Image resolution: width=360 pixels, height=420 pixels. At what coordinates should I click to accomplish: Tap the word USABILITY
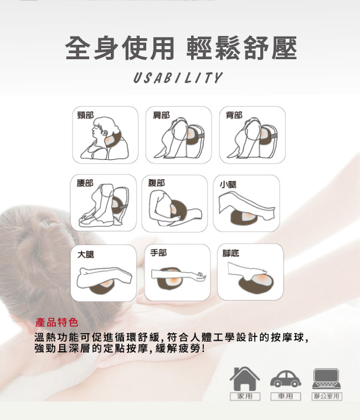point(178,78)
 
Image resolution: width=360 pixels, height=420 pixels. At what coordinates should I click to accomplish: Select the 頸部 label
point(85,115)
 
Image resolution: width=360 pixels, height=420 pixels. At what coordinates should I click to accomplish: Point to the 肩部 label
point(161,115)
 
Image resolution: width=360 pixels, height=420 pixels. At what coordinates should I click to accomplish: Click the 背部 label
point(234,115)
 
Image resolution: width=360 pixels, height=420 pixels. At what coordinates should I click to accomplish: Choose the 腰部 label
point(85,183)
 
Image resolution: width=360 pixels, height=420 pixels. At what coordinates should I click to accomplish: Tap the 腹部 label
point(157,183)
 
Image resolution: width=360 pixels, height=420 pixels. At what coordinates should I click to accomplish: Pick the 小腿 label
point(228,184)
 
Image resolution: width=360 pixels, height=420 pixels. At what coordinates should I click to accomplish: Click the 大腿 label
point(86,254)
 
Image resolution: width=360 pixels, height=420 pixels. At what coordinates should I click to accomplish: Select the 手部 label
point(158,252)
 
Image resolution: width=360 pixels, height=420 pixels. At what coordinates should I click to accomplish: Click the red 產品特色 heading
point(56,322)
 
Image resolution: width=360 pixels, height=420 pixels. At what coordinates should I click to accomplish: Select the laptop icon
point(327,378)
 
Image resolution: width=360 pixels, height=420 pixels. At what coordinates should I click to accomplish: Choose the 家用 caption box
point(244,397)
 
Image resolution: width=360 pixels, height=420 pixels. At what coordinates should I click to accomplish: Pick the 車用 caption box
point(285,397)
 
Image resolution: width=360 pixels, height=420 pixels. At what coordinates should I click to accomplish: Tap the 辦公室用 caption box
point(327,397)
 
